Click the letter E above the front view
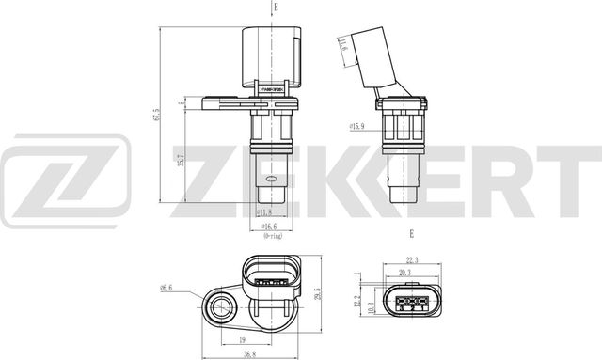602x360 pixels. (x=276, y=8)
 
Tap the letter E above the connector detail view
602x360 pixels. (x=410, y=232)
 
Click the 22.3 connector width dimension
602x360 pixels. (x=412, y=260)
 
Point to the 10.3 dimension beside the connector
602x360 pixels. (x=372, y=306)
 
